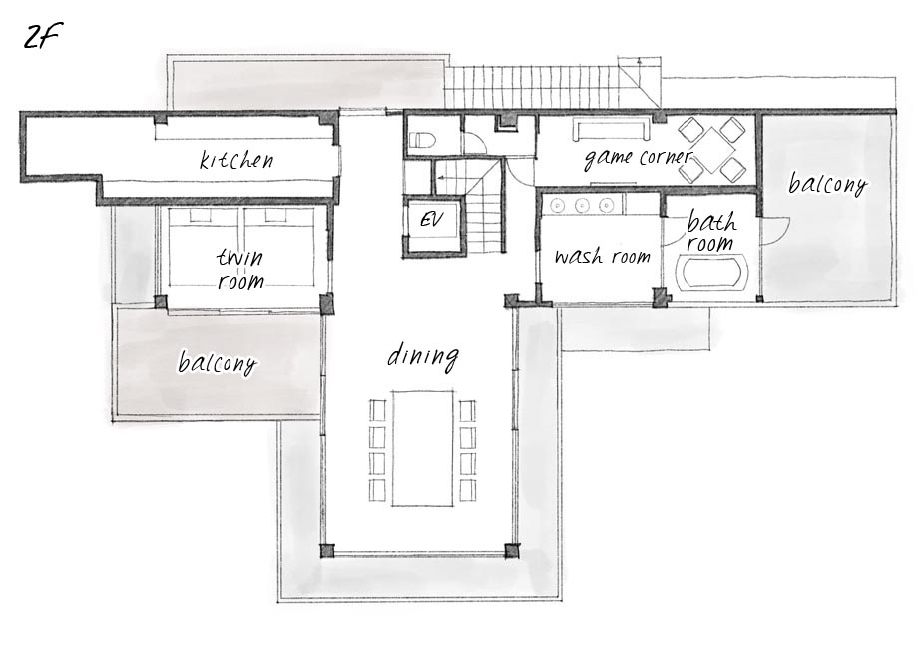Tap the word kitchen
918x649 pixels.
(236, 159)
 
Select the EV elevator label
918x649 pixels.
(432, 220)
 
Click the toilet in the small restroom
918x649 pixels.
(422, 141)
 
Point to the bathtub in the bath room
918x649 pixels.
(711, 272)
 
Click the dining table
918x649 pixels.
(423, 448)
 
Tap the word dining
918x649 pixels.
(423, 356)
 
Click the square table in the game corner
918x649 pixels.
(711, 150)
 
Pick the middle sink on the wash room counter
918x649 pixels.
(582, 205)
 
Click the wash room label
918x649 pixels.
(602, 257)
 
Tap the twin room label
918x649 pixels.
(240, 269)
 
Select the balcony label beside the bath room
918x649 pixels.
(827, 184)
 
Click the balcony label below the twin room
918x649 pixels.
(218, 363)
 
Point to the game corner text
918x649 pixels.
(638, 157)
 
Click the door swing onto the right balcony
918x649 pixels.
(776, 231)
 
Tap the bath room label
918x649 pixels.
(710, 233)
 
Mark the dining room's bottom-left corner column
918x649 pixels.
(327, 551)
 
